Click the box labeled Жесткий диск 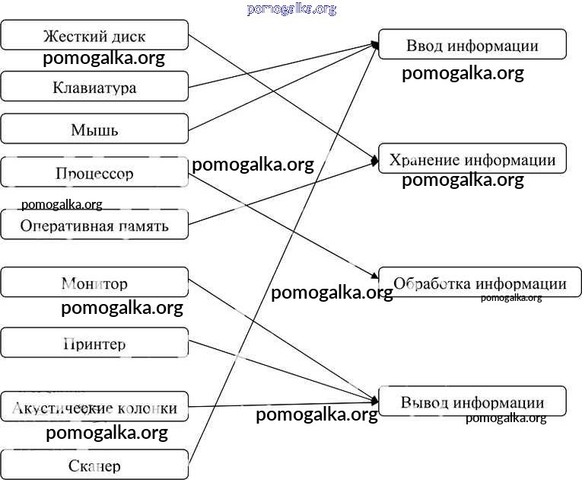click(x=94, y=36)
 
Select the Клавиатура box click(x=94, y=87)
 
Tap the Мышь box click(x=94, y=130)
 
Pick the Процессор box click(x=94, y=173)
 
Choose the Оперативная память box click(x=94, y=226)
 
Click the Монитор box click(x=94, y=283)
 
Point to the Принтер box click(x=94, y=344)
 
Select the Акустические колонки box click(x=94, y=408)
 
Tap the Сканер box click(x=94, y=465)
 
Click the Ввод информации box click(x=472, y=45)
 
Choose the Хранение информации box click(x=472, y=159)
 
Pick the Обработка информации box click(x=479, y=283)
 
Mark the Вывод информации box click(x=472, y=402)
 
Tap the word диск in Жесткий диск click(x=129, y=37)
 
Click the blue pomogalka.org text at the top click(x=291, y=9)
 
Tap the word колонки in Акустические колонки click(x=142, y=408)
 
